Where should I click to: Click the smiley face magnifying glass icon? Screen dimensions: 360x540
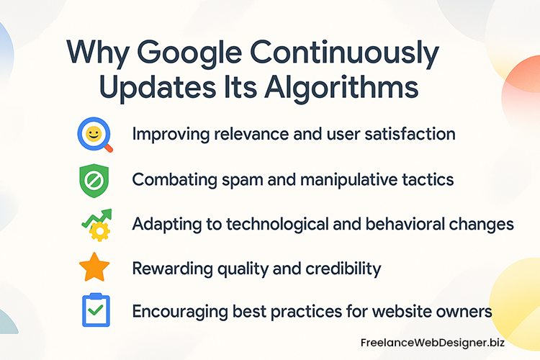click(x=94, y=135)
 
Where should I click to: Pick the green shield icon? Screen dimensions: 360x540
click(x=94, y=179)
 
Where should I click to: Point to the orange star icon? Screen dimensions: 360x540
click(x=94, y=268)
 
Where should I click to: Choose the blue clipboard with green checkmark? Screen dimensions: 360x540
click(x=94, y=311)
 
